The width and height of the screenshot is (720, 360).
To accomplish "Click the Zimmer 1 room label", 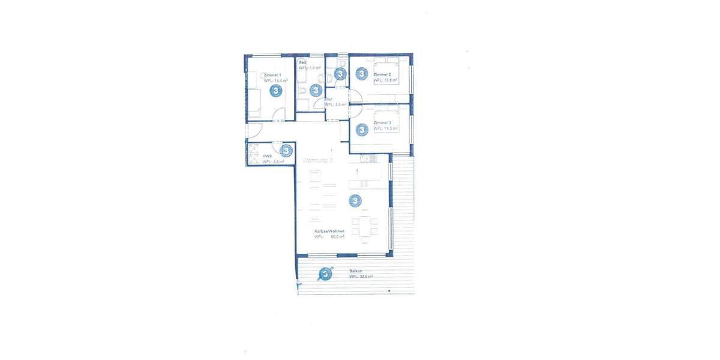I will tap(271, 74).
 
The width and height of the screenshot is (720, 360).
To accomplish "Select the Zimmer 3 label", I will tap(382, 122).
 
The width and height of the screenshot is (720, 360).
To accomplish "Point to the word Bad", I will tap(302, 62).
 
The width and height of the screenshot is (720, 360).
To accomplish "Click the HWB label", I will tap(267, 156).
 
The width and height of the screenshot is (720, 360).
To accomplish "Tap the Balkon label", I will tap(355, 271).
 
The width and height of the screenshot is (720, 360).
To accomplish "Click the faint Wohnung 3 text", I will tap(317, 160).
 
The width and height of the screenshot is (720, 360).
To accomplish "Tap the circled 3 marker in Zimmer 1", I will tap(276, 91).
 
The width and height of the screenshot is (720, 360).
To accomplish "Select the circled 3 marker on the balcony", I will tap(325, 274).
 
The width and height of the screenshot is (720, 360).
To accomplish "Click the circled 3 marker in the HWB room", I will tap(286, 151).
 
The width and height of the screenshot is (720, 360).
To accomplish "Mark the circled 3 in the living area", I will tap(355, 200).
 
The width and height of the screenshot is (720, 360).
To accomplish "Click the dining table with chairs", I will tap(365, 227).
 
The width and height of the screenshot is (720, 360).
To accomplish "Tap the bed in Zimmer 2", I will tap(388, 71).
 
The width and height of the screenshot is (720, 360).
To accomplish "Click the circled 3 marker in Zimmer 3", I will tap(361, 129).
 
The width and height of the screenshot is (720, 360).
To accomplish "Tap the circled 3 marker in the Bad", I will tap(316, 90).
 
